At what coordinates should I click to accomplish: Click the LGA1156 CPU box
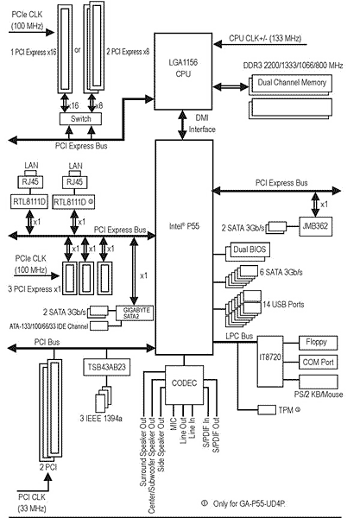pos(183,71)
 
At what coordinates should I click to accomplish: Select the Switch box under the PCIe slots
pos(80,119)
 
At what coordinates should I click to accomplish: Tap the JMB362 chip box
pos(315,226)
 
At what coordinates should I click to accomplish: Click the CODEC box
pos(184,385)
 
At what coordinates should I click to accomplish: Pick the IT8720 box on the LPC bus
pos(270,362)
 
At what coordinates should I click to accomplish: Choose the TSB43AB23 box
pos(107,368)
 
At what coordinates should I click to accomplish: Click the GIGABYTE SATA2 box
pos(135,313)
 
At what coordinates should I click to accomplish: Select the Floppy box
pos(318,343)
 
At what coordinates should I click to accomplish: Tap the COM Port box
pos(318,363)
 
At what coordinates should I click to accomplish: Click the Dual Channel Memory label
pos(292,82)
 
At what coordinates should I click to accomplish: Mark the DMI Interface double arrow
pos(182,125)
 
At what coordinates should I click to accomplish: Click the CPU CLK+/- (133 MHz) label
pos(265,38)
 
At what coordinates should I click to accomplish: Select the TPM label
pos(289,410)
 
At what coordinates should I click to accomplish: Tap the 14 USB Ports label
pos(283,304)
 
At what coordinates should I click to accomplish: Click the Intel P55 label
pos(184,226)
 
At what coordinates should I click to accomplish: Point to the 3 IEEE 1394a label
pos(101,418)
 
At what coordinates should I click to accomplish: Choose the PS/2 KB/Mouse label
pos(319,395)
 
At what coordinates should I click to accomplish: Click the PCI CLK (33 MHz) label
pos(32,502)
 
